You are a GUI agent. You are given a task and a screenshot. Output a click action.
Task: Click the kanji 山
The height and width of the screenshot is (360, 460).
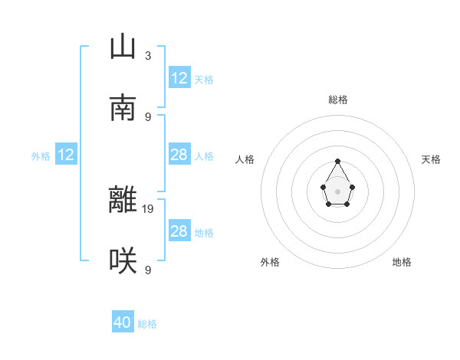point(123,47)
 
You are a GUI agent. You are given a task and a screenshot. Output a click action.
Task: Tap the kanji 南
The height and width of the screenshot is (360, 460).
point(123,109)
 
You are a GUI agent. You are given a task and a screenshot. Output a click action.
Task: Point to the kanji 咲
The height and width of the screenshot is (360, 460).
point(123,262)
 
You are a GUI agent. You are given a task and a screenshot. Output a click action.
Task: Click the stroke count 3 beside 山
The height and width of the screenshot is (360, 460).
point(147,55)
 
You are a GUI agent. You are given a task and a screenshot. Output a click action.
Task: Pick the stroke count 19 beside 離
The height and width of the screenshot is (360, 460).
point(149,208)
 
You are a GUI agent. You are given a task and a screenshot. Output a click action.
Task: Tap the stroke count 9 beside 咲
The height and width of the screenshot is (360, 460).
point(147,270)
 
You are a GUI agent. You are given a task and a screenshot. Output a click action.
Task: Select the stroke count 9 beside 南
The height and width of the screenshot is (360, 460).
point(147,116)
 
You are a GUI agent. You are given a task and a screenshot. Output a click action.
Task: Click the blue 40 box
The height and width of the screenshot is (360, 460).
point(123,323)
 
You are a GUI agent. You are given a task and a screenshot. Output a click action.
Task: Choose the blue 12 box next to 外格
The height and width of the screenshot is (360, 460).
point(66,155)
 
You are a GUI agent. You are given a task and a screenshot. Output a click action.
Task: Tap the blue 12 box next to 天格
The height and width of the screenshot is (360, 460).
point(179,78)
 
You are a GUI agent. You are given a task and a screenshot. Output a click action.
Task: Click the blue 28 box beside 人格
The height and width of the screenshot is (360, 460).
point(179,155)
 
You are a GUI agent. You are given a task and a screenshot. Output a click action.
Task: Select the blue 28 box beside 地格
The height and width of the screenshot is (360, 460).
point(179,231)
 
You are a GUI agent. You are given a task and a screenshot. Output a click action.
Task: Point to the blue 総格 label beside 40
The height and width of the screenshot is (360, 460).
point(147,324)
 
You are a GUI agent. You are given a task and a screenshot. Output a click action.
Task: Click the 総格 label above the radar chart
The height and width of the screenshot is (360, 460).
point(338,100)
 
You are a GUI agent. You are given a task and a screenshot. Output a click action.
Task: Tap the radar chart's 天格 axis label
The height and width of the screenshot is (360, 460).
point(432,159)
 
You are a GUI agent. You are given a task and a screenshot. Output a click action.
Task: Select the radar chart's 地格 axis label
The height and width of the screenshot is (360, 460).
point(402,262)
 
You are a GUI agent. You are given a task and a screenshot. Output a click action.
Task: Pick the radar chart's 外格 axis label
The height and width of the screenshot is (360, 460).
point(270,262)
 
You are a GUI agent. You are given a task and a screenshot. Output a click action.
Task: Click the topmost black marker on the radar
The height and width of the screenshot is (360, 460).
point(337,161)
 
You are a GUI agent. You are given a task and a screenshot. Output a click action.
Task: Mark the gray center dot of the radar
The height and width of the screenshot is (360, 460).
point(337,191)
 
